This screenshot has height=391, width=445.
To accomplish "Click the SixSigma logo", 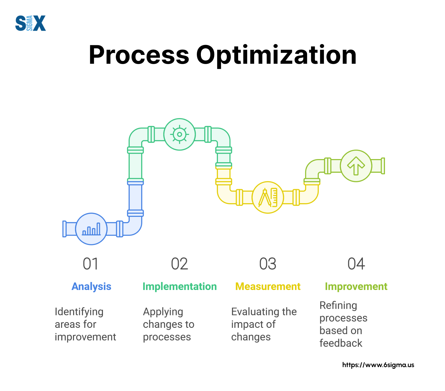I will tap(30, 23).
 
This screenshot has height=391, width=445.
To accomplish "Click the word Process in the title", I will tap(139, 55).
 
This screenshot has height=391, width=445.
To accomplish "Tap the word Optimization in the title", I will tap(276, 55).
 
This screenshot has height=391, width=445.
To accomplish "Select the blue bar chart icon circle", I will tap(91, 229).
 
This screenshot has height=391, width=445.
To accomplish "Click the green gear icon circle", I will tap(180, 134).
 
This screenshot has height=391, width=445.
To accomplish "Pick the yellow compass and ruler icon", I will tap(268, 197).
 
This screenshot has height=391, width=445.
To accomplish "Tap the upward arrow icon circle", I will tap(356, 166).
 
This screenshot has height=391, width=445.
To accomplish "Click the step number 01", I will tap(90, 264).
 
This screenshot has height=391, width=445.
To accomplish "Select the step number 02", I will tap(180, 264).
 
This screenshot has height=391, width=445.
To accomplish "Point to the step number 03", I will tap(268, 264).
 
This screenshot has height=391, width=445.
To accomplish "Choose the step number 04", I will tap(356, 264).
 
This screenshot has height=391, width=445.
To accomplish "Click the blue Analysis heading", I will tap(91, 286).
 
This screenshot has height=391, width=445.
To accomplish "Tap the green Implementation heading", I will tap(180, 286).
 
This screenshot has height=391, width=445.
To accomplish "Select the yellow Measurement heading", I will tap(268, 286).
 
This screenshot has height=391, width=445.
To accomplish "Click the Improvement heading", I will tap(356, 286).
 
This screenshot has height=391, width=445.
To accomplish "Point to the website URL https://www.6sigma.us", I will tap(378, 365).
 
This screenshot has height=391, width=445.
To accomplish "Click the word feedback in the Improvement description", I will tap(341, 343).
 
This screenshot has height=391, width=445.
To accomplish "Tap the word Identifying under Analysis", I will tap(79, 312).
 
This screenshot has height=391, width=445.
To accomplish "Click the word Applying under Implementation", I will tap(163, 312).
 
